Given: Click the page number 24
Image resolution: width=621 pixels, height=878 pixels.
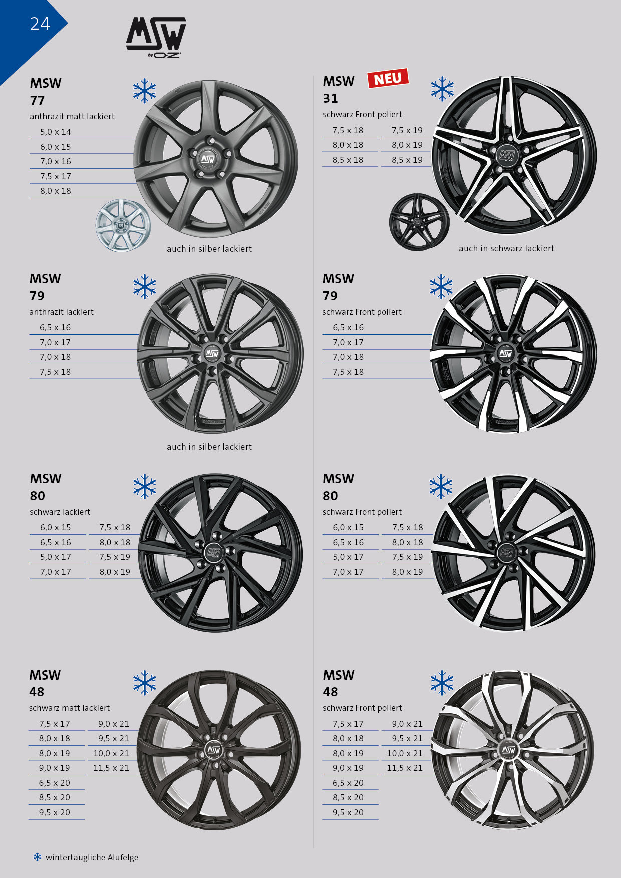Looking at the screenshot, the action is click(x=40, y=24).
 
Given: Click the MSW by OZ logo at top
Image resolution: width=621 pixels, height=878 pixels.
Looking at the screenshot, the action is click(x=156, y=38).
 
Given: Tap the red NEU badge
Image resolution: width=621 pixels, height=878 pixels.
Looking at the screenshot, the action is click(x=388, y=79).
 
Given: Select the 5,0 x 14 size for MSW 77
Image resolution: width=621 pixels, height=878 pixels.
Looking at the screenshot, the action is click(x=56, y=132).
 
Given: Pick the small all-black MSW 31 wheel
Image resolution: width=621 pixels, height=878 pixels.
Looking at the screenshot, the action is click(x=419, y=222).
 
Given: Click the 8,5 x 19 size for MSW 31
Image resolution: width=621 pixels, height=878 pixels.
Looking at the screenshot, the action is click(x=407, y=160).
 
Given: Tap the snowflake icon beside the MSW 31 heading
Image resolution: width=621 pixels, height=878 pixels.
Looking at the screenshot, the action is click(x=442, y=89).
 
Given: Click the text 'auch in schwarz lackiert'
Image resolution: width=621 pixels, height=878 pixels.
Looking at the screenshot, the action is click(x=506, y=248).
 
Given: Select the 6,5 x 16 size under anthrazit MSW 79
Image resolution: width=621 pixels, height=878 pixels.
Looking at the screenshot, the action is click(x=55, y=327).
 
